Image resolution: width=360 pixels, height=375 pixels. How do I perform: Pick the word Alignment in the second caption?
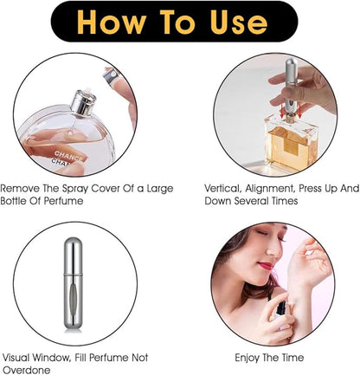pos(272,187)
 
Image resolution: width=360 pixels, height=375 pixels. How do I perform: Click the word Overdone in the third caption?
pos(26,370)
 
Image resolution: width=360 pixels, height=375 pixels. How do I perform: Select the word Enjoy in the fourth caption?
pos(249,357)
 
